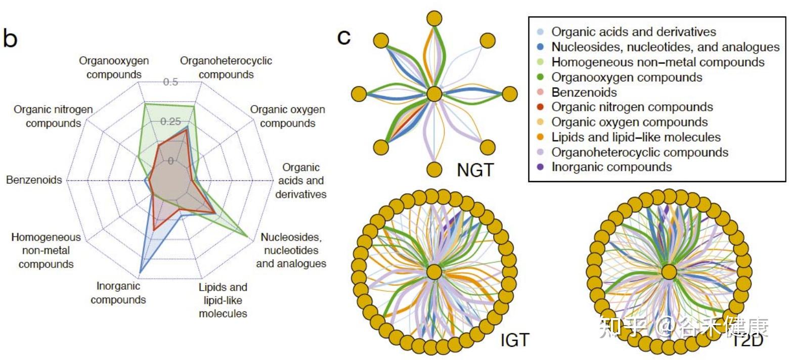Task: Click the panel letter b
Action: pos(10,38)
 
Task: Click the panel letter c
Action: pos(344,36)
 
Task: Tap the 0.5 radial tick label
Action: pos(170,82)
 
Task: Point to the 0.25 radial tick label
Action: pos(170,122)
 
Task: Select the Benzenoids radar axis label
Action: pos(34,180)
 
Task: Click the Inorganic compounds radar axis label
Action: pos(118,293)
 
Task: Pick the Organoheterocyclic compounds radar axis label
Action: pos(226,68)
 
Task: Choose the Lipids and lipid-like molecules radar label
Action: pos(223,300)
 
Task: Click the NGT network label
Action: pos(474,170)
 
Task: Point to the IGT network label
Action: pos(514,340)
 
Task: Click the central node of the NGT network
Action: pos(434,95)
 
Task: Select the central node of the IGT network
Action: pos(434,273)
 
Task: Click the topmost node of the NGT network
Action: pos(434,19)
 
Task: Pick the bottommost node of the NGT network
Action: pos(434,170)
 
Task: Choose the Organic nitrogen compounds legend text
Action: pos(632,107)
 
